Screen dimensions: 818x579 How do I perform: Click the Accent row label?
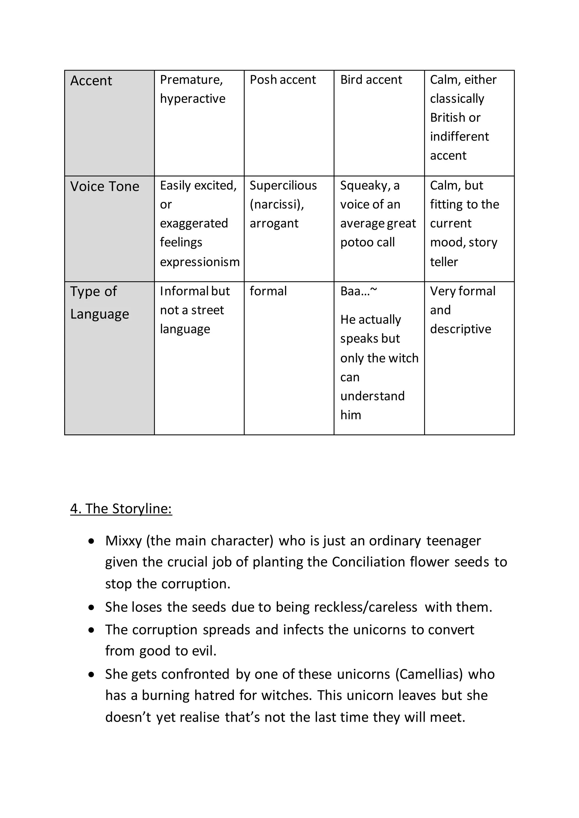coord(91,81)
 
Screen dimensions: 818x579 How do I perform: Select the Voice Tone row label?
coord(104,186)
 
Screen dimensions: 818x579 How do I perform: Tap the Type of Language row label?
coord(100,303)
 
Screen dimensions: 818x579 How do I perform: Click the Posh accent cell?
coord(283,80)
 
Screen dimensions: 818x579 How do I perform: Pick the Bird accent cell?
coord(371,80)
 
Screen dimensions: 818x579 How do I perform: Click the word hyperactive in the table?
coord(193,99)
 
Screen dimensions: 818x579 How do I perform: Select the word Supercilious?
coord(283,186)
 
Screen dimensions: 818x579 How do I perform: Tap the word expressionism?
coord(200,262)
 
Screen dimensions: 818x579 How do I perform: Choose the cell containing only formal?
coord(268,291)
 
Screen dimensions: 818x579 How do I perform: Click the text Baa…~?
coord(358,291)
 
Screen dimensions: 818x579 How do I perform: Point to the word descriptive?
coord(460,329)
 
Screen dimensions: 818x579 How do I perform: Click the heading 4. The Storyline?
coord(121,509)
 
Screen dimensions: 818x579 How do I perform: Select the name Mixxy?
coord(123,541)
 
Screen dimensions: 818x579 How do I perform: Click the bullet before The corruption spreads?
coord(92,630)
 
